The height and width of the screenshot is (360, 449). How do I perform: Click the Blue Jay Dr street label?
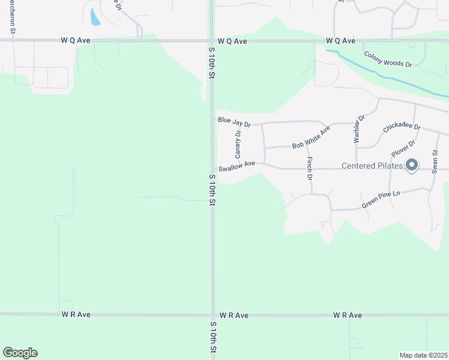point(234,122)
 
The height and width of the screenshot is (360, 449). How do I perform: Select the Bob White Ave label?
point(311,138)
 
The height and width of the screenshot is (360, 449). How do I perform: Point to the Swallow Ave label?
point(237,166)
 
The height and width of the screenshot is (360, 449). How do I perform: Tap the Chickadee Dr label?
point(402,129)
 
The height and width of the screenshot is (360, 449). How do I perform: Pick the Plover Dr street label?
point(403,150)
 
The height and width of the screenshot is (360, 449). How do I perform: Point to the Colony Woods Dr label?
point(388,59)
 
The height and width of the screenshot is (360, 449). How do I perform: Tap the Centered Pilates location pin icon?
point(412,165)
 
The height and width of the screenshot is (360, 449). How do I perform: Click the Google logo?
point(20,353)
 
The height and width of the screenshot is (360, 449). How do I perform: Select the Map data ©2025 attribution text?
point(423,355)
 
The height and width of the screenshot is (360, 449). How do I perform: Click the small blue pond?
point(94,17)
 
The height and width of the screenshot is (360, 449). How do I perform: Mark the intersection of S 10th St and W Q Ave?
point(212,41)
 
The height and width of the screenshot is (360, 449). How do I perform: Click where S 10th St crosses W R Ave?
point(212,314)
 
